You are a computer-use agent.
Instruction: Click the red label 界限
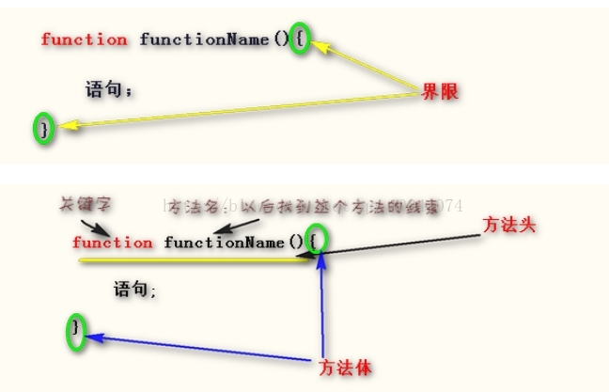pos(440,92)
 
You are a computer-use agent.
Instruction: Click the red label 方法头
pos(509,226)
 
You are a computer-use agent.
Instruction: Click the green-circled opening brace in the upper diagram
pos(299,39)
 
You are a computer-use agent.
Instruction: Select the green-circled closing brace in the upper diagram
pos(43,129)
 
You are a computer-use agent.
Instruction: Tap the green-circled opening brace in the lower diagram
pos(321,242)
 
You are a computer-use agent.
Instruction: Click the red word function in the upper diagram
pos(85,39)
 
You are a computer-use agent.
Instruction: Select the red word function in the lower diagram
pos(112,243)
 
